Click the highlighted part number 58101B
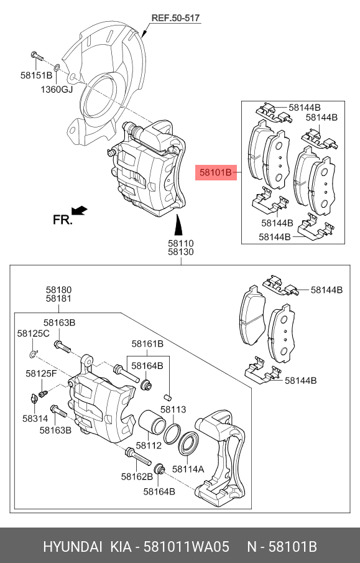pyautogui.click(x=216, y=172)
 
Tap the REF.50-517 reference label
pyautogui.click(x=175, y=18)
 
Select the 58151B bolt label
pyautogui.click(x=37, y=76)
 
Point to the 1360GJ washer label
pyautogui.click(x=57, y=89)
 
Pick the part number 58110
pyautogui.click(x=180, y=243)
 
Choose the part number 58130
pyautogui.click(x=180, y=253)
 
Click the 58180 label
pyautogui.click(x=58, y=289)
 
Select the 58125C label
pyautogui.click(x=33, y=334)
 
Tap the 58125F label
pyautogui.click(x=41, y=373)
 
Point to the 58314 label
pyautogui.click(x=35, y=419)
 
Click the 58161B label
pyautogui.click(x=147, y=343)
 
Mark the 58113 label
pyautogui.click(x=173, y=410)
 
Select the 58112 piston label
pyautogui.click(x=149, y=445)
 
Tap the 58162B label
pyautogui.click(x=136, y=477)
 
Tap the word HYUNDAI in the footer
pyautogui.click(x=72, y=547)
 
